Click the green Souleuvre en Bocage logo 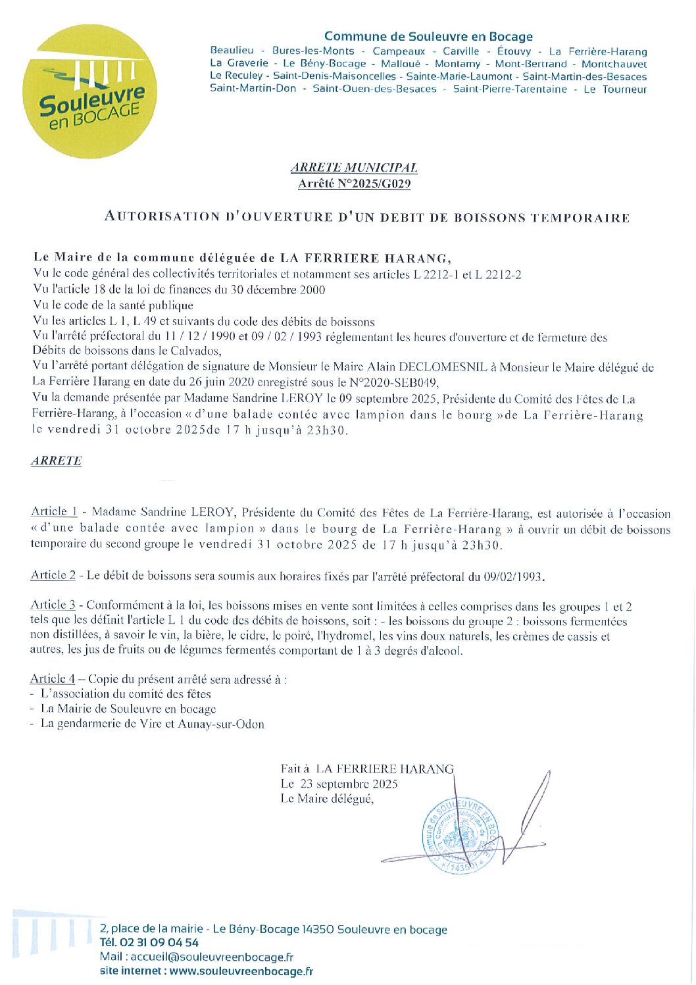pyautogui.click(x=90, y=91)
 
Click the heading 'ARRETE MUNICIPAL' pyautogui.click(x=354, y=168)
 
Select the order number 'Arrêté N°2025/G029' pyautogui.click(x=354, y=184)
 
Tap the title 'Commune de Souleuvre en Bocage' pyautogui.click(x=428, y=37)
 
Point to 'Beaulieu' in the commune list pyautogui.click(x=232, y=51)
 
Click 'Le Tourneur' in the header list pyautogui.click(x=615, y=89)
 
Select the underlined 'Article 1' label pyautogui.click(x=54, y=511)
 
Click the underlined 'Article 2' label pyautogui.click(x=53, y=575)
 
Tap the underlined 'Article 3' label pyautogui.click(x=53, y=605)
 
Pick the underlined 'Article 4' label pyautogui.click(x=53, y=679)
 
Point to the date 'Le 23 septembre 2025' pyautogui.click(x=339, y=784)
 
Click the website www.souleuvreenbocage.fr pyautogui.click(x=241, y=971)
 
